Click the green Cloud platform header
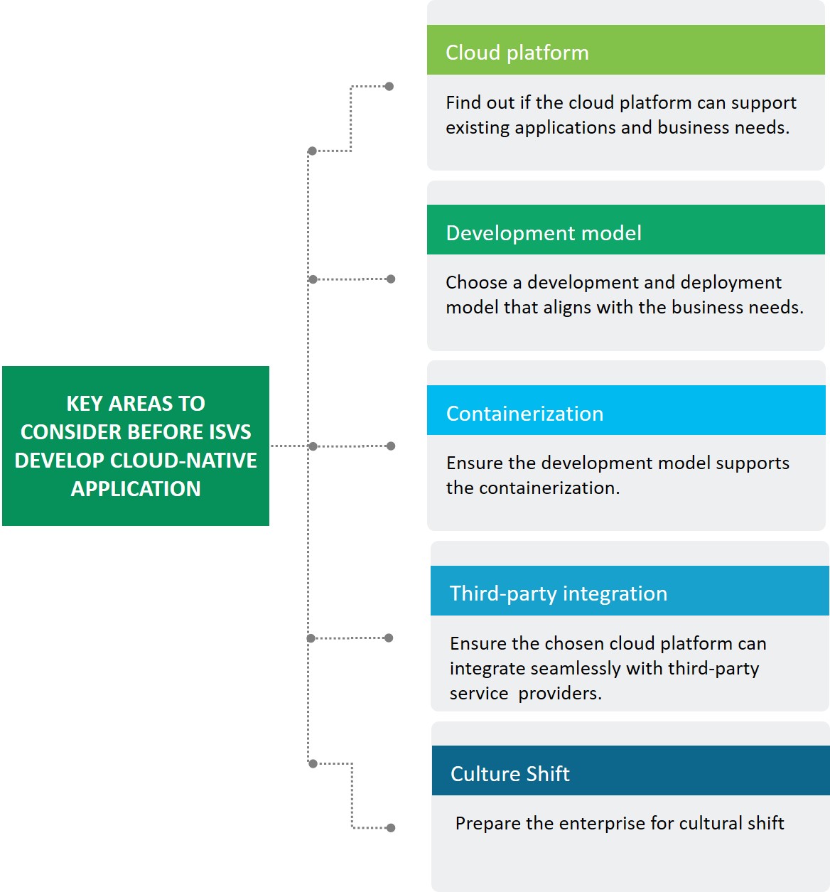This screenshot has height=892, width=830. pos(625,50)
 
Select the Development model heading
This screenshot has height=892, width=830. pos(625,230)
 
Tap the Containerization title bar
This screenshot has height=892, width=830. pos(625,411)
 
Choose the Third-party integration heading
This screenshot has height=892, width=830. pos(630,591)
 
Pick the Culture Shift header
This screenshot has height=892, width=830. pos(630,771)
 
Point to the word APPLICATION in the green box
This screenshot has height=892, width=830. pos(136,489)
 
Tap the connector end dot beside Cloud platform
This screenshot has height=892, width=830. pos(389,87)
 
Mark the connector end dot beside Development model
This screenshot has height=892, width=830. pos(391,279)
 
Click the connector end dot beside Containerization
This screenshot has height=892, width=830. pos(391,446)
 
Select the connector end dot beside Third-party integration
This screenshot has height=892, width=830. pos(389,638)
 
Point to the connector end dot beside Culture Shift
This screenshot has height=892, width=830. pos(391,828)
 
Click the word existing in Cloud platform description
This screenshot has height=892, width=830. pos(478,128)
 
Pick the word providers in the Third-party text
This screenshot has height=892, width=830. pos(559,694)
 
